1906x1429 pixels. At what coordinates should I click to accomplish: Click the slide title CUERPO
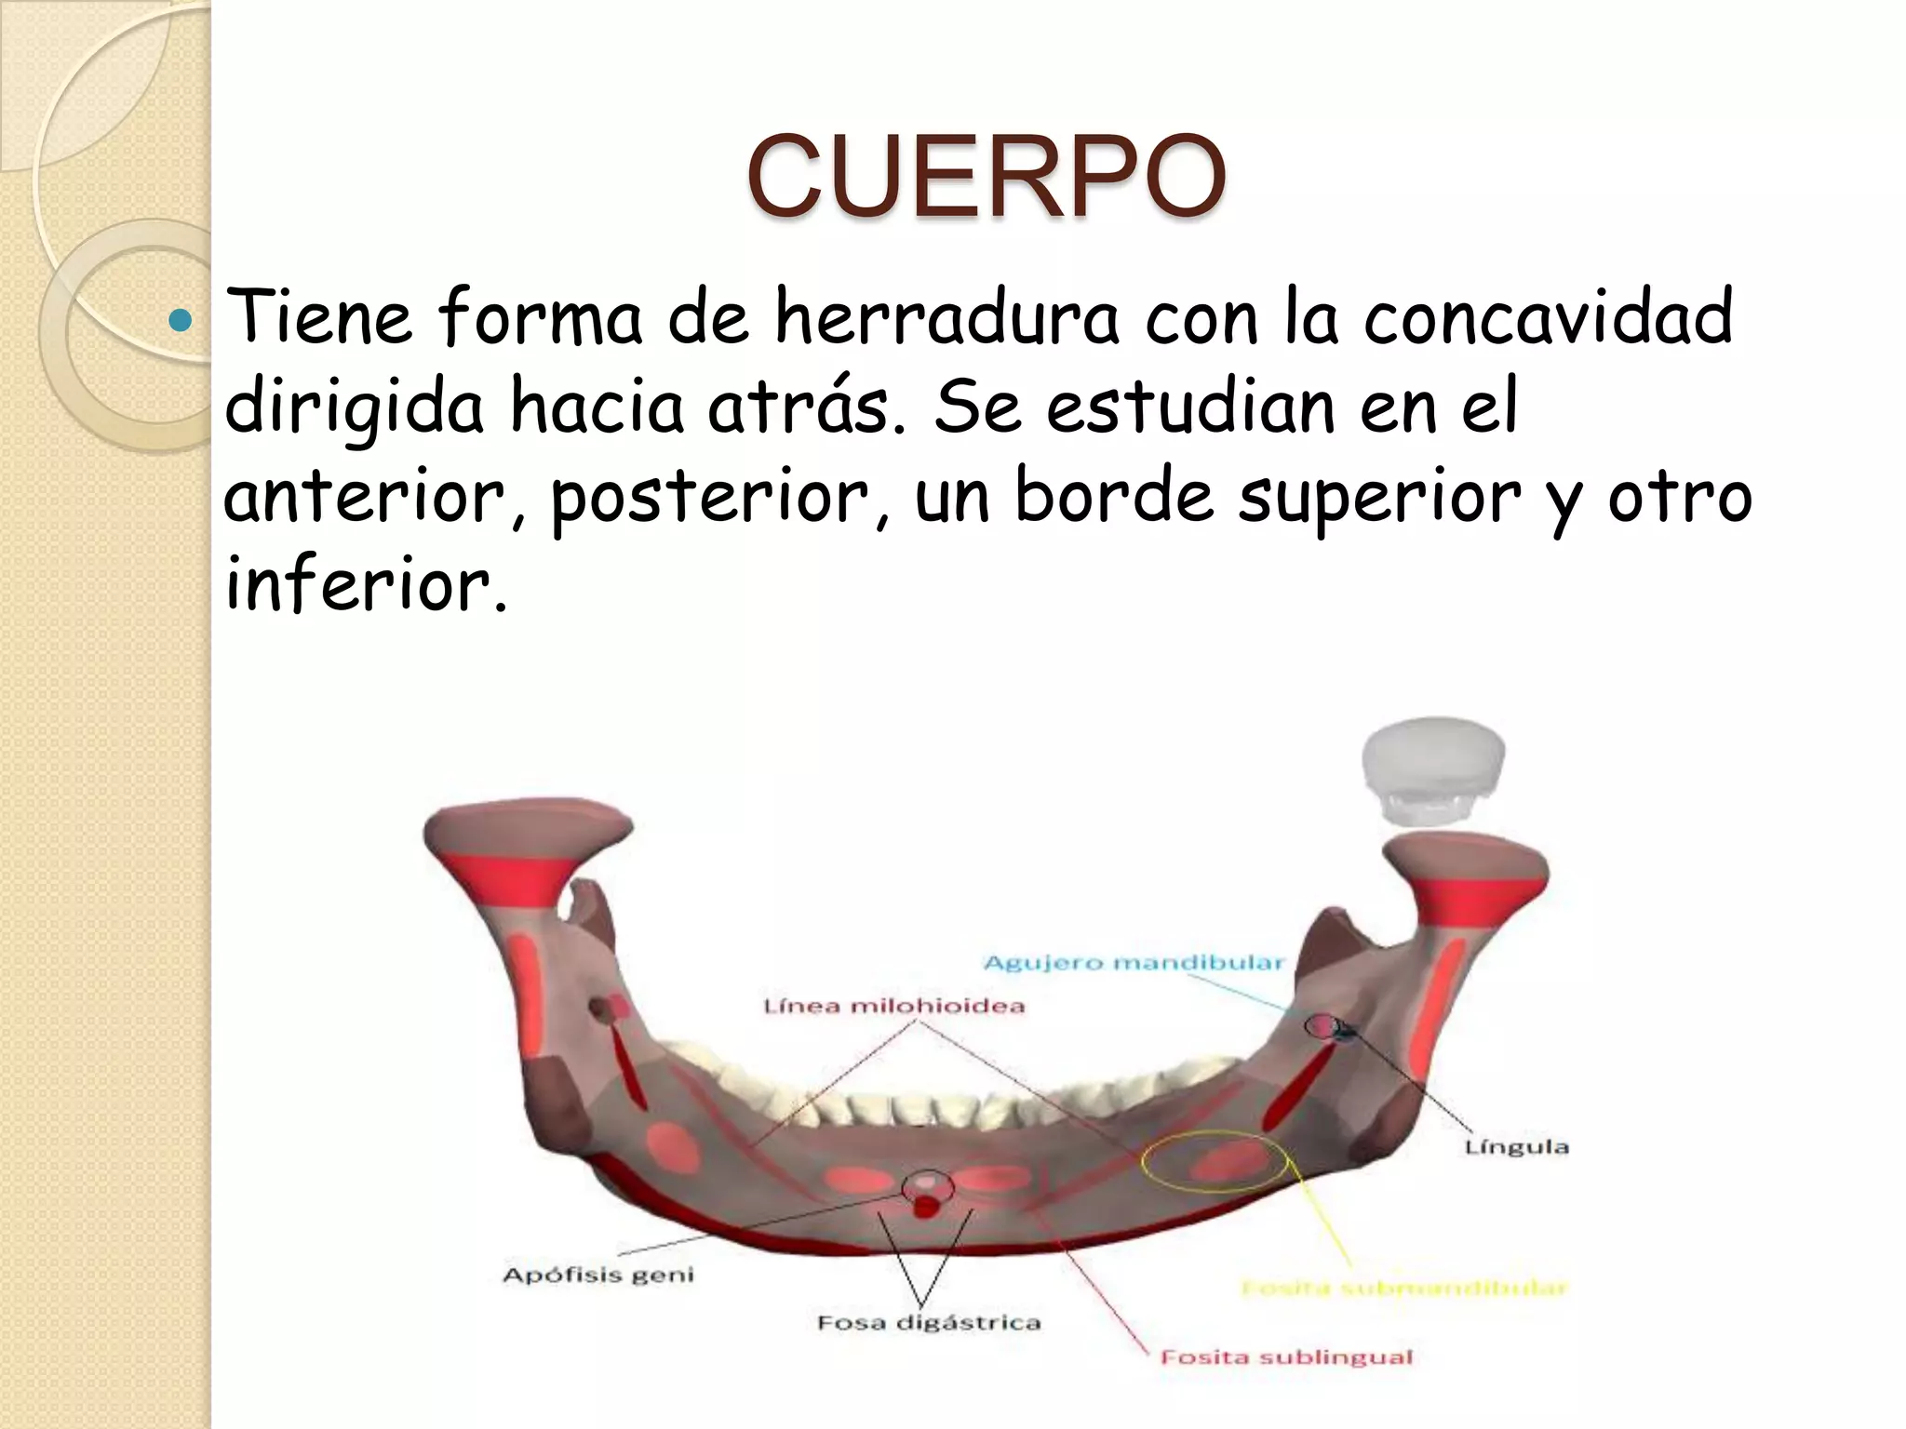(x=986, y=177)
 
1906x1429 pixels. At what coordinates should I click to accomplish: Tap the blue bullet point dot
(x=180, y=322)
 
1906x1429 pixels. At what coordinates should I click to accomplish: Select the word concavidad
(x=1548, y=316)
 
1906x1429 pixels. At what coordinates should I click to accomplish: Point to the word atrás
(x=806, y=407)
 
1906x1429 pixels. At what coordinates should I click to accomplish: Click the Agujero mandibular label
(x=1134, y=963)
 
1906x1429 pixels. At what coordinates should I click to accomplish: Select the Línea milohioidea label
(x=893, y=1007)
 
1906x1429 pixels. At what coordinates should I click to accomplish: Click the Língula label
(x=1517, y=1147)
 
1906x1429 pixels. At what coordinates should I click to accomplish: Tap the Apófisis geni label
(x=598, y=1275)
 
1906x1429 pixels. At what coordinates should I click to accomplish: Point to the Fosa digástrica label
(x=929, y=1323)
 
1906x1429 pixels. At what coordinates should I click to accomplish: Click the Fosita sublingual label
(x=1286, y=1357)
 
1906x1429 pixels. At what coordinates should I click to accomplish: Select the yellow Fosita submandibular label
(x=1405, y=1289)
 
